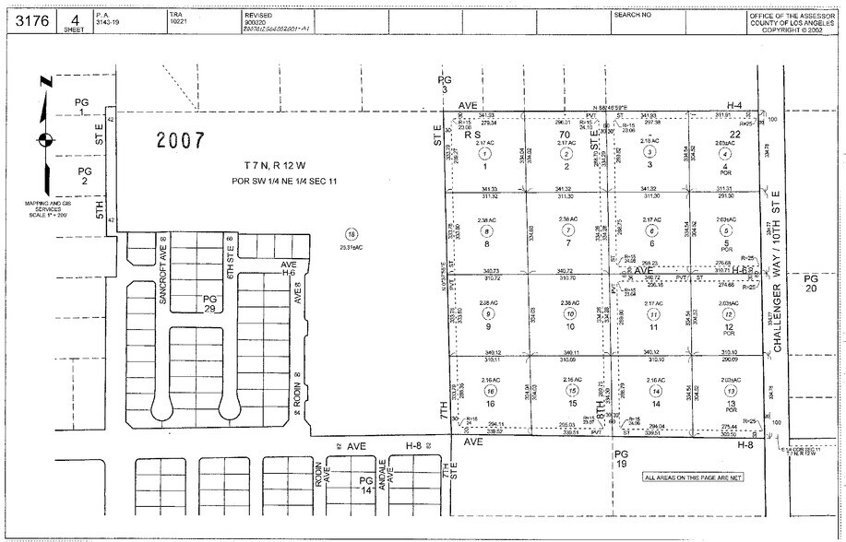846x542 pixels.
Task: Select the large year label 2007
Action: (181, 141)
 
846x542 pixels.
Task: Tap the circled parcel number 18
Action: (350, 235)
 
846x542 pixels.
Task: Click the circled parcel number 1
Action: (484, 154)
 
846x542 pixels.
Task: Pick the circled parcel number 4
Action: (726, 154)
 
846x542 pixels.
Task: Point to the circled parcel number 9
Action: (486, 314)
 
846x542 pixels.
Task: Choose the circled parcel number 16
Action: (489, 391)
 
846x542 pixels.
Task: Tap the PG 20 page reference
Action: (811, 284)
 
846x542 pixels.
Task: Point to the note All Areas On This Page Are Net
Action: (692, 477)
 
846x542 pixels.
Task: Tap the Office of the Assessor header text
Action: (791, 22)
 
